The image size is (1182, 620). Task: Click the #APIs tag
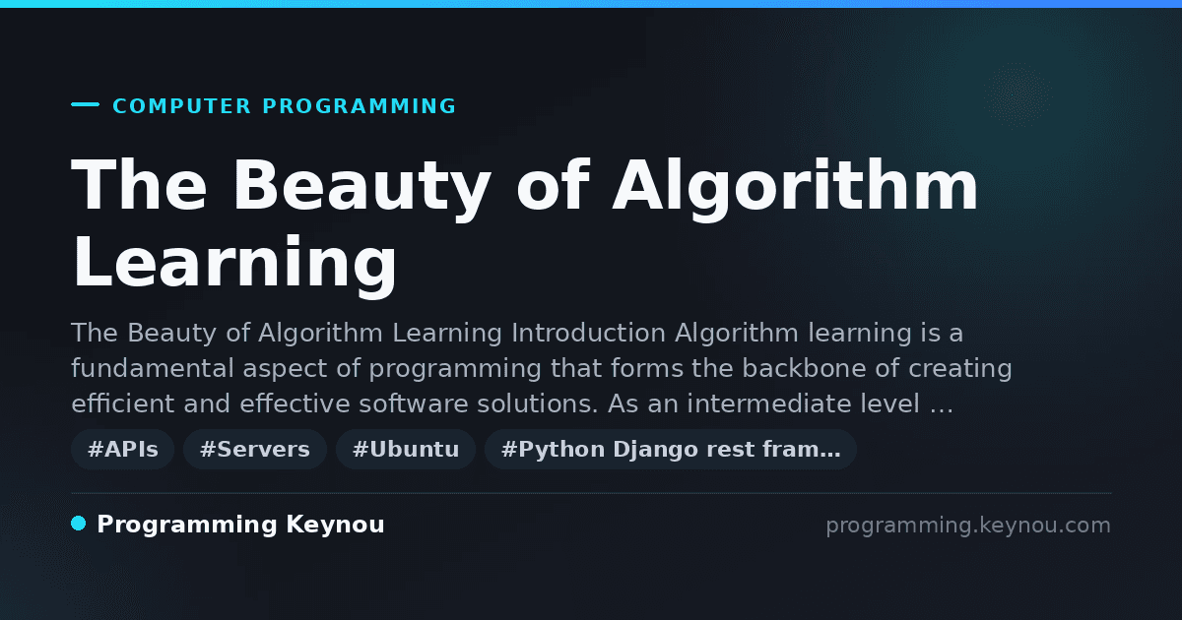click(122, 449)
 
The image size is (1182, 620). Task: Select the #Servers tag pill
click(255, 449)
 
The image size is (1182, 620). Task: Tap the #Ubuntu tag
click(406, 449)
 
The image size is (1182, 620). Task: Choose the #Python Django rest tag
click(671, 449)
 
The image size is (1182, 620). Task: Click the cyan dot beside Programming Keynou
click(79, 524)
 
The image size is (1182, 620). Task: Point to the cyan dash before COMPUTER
click(85, 104)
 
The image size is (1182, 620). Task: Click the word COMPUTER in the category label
click(182, 106)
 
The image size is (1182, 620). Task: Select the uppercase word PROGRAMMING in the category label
click(360, 106)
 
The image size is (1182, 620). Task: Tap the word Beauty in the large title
click(362, 187)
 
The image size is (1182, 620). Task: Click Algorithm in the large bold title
click(795, 187)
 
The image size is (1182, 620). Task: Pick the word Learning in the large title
click(234, 263)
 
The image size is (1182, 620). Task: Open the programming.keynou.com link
click(968, 526)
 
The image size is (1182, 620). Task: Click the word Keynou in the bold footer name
click(335, 524)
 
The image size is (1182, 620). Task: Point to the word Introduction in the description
click(588, 334)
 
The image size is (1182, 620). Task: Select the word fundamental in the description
click(153, 368)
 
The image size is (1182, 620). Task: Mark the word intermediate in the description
click(769, 403)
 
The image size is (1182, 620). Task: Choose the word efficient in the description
click(123, 403)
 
